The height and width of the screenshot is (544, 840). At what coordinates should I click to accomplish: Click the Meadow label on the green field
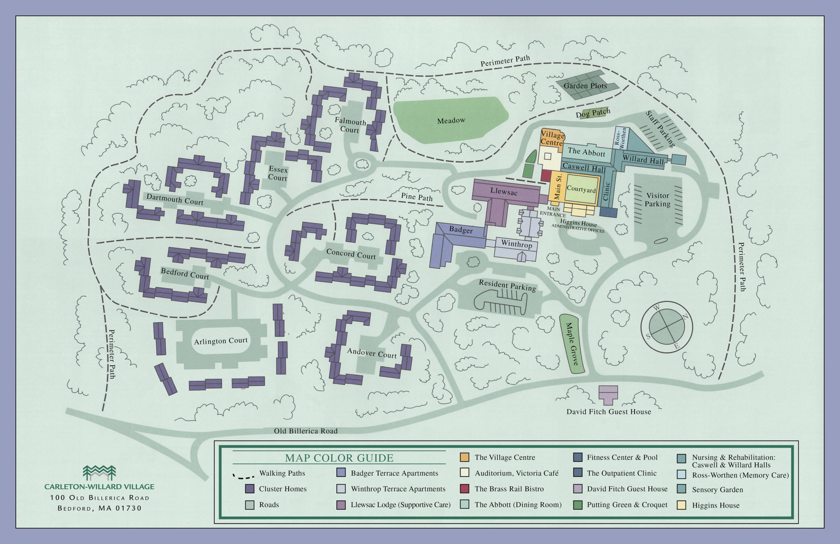pos(451,121)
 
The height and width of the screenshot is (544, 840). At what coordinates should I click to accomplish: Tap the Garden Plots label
pos(585,86)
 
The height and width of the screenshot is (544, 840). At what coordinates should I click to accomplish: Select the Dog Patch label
pos(593,113)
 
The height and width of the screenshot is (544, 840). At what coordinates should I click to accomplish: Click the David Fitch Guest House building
pos(608,395)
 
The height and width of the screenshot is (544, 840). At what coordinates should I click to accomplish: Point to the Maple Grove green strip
pos(572,344)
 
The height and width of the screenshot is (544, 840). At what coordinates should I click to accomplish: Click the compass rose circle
pos(667,327)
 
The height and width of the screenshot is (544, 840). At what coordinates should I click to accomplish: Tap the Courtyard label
pos(581,189)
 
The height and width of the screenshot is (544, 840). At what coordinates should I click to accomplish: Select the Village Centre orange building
pos(552,139)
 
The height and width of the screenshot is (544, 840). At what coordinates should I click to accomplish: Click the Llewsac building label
pos(504,191)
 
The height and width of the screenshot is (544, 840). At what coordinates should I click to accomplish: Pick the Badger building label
pos(461,230)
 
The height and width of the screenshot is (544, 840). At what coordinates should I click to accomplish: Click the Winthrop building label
pos(516,244)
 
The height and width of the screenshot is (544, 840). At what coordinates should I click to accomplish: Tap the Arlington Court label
pos(221,341)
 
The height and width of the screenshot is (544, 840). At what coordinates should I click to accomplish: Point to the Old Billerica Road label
pos(306,431)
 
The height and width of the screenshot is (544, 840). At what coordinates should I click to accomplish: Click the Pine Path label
pos(417,197)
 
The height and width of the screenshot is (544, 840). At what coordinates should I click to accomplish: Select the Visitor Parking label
pos(657,200)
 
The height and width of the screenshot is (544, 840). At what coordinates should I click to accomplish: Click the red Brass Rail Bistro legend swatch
pos(465,489)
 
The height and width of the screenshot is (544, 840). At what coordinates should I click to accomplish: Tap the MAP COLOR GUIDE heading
pos(339,458)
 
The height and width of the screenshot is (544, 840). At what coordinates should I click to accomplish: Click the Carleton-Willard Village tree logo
pos(99,473)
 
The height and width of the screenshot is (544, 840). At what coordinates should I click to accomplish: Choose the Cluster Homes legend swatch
pos(249,489)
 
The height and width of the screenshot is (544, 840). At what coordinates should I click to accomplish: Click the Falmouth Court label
pos(350,125)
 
